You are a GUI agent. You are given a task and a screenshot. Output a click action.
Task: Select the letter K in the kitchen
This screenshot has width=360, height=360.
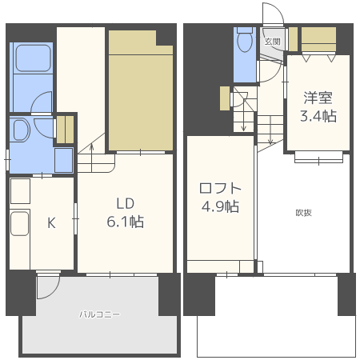tap(50, 223)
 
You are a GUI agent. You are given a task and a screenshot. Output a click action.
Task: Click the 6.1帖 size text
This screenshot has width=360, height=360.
tap(126, 222)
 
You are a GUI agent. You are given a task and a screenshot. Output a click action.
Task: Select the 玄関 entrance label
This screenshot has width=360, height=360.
tap(272, 42)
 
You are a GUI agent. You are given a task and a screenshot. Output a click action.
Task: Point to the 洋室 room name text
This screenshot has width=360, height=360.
tap(318, 98)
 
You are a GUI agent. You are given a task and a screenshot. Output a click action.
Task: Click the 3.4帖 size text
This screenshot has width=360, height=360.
tap(318, 117)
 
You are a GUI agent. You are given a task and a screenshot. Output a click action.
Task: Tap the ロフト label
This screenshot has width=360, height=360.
tap(220, 189)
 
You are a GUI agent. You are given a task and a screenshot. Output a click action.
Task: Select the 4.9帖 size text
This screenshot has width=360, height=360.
tap(220, 207)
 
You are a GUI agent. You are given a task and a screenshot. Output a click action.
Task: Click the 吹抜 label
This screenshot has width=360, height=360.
tap(303, 212)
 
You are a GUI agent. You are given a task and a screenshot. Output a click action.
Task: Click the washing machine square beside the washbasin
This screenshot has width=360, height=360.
tap(63, 159)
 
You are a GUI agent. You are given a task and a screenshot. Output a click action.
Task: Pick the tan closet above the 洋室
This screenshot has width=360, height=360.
tap(318, 38)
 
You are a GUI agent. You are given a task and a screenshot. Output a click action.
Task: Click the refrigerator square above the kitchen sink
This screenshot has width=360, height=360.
tap(20, 190)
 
